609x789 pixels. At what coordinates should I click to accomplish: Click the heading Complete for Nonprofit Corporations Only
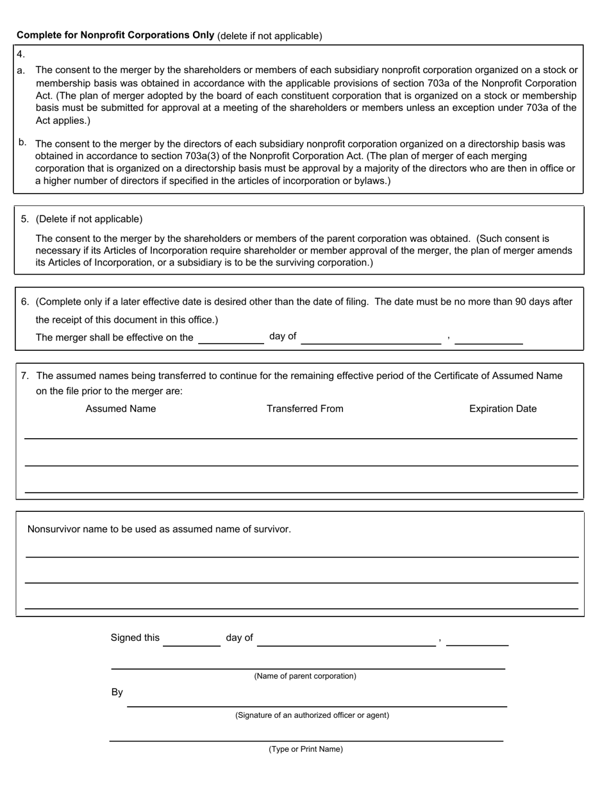click(x=115, y=35)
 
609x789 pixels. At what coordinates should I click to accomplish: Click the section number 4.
click(x=21, y=55)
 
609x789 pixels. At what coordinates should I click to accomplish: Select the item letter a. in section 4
click(x=21, y=71)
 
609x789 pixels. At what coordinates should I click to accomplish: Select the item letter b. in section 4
click(x=22, y=142)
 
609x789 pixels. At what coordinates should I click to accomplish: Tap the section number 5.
click(x=25, y=219)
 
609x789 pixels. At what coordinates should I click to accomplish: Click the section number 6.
click(x=25, y=301)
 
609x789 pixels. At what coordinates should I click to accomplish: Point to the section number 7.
click(x=25, y=376)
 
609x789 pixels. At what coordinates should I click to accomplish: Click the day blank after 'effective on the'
click(x=231, y=339)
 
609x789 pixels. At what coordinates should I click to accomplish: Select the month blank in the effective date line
click(x=371, y=339)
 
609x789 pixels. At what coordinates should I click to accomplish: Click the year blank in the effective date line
click(x=488, y=339)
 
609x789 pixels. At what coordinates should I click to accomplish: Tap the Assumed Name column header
click(x=121, y=409)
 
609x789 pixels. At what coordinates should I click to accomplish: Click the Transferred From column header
click(x=304, y=409)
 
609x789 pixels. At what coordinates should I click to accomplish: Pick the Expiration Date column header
click(x=503, y=409)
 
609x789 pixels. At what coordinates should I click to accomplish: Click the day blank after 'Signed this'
click(x=192, y=640)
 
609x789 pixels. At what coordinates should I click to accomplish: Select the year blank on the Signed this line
click(x=477, y=640)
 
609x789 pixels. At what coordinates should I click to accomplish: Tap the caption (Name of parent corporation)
click(x=305, y=676)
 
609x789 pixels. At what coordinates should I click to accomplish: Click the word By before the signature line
click(x=117, y=692)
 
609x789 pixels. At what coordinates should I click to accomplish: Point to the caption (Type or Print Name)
click(x=306, y=749)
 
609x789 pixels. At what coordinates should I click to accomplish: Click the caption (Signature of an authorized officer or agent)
click(x=312, y=715)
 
